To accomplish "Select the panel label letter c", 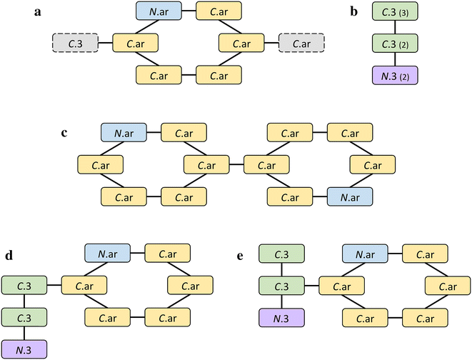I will point(65,133).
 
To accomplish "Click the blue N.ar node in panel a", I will point(157,11).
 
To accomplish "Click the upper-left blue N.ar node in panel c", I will point(124,133).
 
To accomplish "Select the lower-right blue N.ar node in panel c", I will point(350,195).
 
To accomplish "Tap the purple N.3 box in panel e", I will point(281,316).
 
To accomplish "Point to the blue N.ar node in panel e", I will point(364,254).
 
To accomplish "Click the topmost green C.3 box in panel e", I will point(281,254).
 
